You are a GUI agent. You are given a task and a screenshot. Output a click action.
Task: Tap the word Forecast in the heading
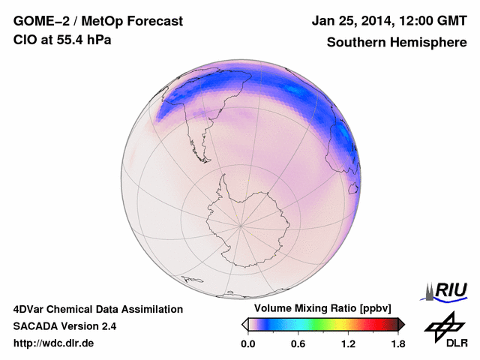click(154, 22)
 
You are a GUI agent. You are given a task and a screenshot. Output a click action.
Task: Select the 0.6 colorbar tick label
click(298, 344)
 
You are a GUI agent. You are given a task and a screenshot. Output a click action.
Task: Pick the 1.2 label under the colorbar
click(348, 344)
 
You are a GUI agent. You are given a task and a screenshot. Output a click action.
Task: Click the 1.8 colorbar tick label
click(398, 344)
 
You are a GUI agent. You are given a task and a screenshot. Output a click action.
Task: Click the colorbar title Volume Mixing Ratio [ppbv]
click(323, 309)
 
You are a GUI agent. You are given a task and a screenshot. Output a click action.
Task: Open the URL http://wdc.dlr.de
click(53, 343)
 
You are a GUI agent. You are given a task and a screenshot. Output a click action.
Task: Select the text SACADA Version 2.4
click(64, 326)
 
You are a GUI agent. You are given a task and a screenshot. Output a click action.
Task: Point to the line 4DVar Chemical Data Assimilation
click(97, 309)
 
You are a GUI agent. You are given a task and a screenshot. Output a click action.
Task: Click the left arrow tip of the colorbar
click(244, 324)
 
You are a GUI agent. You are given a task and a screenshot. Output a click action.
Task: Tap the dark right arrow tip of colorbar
click(402, 324)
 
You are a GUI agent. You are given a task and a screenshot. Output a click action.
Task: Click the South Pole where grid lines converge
click(240, 224)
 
